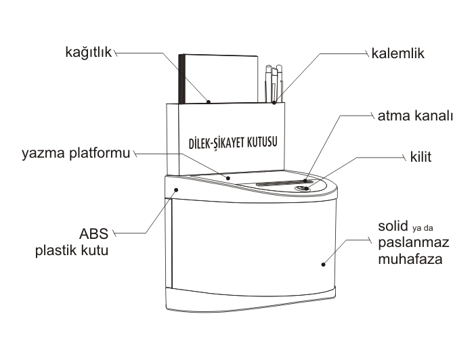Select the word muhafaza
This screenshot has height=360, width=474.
tap(406, 258)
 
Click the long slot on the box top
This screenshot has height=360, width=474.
tap(282, 183)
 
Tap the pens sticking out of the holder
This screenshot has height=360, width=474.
tap(274, 81)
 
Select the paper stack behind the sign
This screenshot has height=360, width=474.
tap(217, 78)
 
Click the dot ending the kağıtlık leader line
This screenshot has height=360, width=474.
tap(209, 102)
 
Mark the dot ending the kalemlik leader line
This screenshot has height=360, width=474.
tap(274, 104)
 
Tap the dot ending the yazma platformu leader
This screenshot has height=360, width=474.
tap(228, 178)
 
